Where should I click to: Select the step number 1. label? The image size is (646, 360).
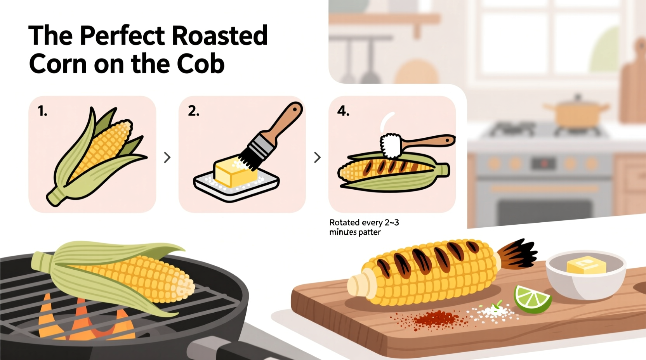pos(42,111)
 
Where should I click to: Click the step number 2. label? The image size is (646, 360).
pos(193,111)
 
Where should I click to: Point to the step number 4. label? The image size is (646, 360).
pos(343,111)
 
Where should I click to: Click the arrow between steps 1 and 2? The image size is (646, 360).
pos(167,157)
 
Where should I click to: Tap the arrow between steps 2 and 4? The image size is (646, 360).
pos(317,157)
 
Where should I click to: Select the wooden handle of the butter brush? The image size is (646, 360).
pos(285,120)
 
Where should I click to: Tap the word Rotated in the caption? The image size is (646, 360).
pos(344,223)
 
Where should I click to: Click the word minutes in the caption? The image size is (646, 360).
pos(343,232)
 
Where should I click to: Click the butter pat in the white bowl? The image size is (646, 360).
pos(586,265)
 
